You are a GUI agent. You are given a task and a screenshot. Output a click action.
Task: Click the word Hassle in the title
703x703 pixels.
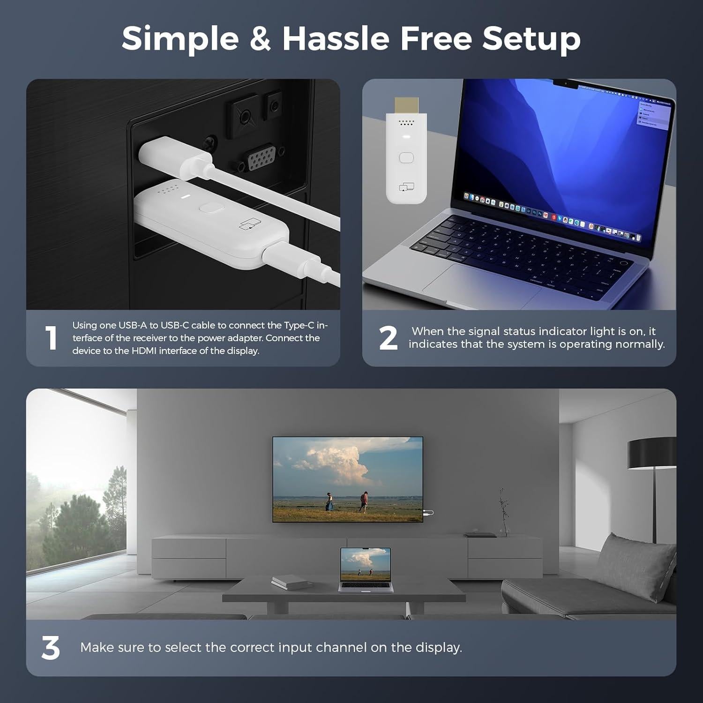[336, 38]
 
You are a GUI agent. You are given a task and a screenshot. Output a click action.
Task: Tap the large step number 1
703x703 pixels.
[51, 338]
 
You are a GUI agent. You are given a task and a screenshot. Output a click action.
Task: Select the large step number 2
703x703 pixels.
[388, 338]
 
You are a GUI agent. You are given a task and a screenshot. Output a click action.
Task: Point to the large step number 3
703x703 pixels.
[51, 649]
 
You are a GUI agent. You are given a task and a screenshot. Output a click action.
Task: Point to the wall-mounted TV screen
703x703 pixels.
[347, 479]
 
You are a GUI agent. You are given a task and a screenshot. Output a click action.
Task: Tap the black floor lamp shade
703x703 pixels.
[651, 453]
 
